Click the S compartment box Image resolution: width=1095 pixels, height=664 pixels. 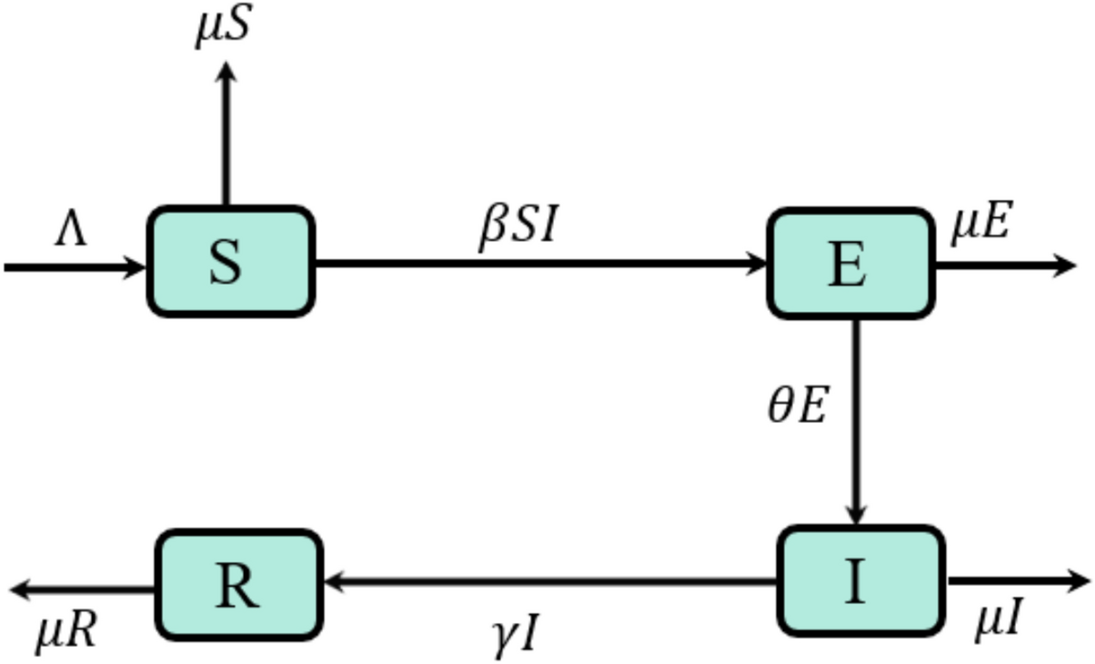(x=231, y=262)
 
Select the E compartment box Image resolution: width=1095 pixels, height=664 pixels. (x=849, y=264)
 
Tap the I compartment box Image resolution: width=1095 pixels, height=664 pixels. (x=860, y=580)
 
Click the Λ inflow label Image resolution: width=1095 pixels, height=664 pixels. (x=70, y=231)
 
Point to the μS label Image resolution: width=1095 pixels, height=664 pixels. (x=223, y=27)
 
